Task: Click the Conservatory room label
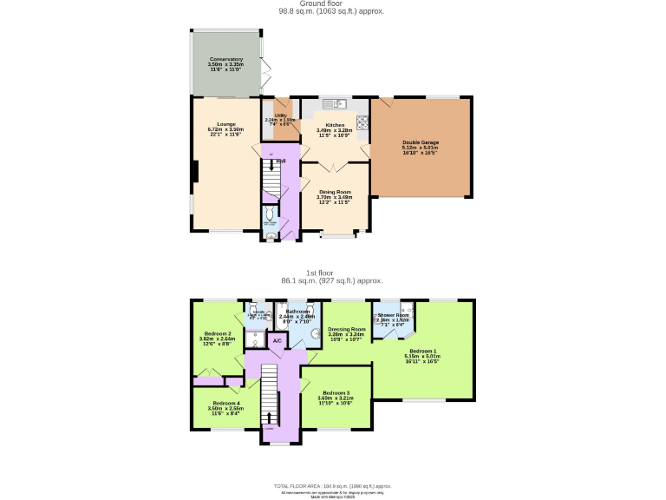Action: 225,60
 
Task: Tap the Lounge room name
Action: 225,124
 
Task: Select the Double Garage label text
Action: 420,142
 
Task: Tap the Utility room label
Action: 281,115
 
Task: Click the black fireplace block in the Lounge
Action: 194,172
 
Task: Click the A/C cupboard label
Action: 277,341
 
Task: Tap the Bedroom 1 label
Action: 422,351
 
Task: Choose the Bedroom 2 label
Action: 218,333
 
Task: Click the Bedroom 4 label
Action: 225,403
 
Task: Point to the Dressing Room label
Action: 347,329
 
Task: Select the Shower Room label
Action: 393,314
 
